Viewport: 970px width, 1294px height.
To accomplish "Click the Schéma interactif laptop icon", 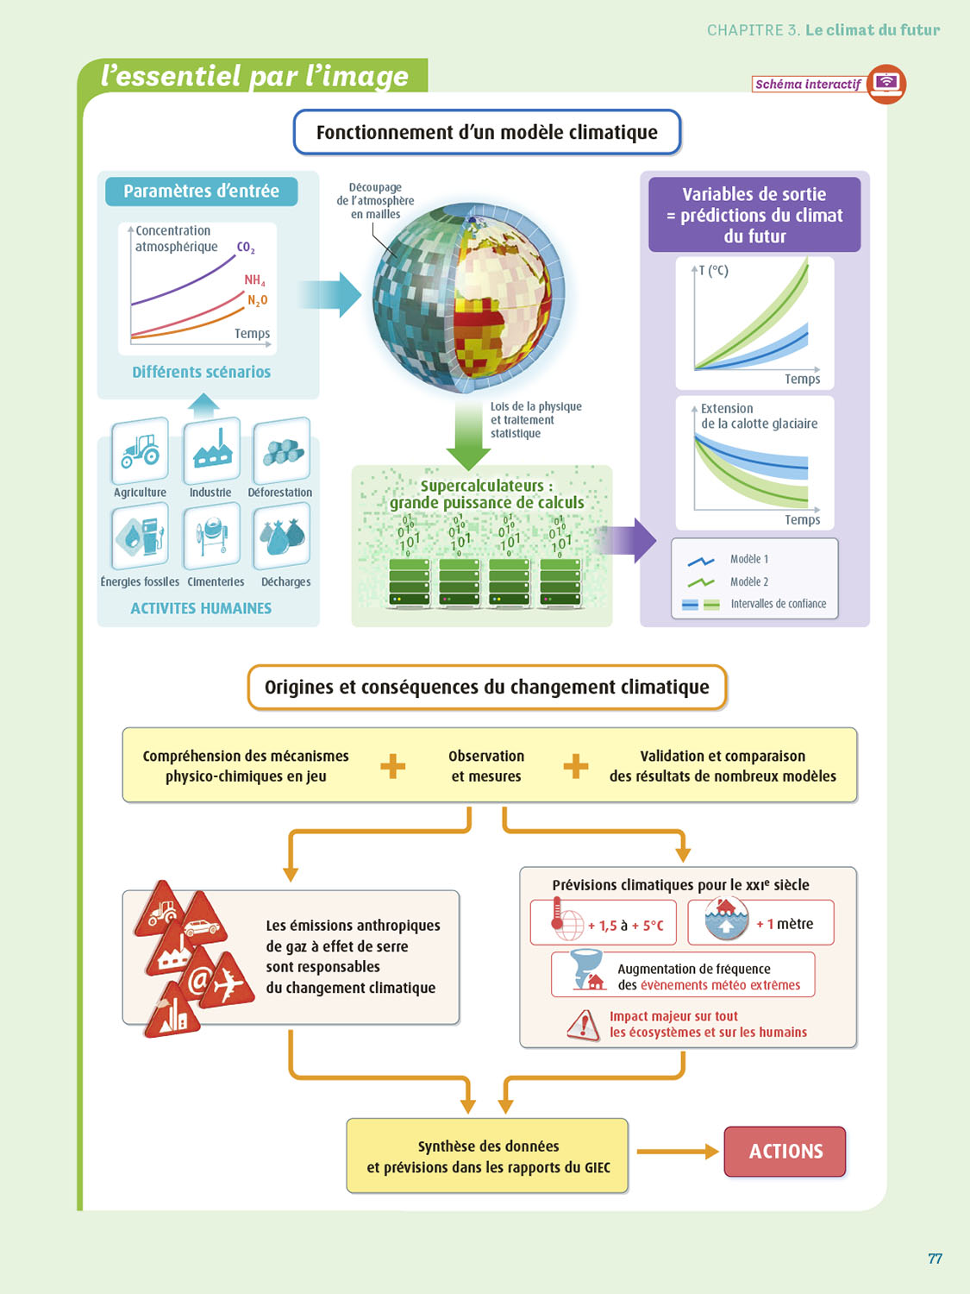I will click(x=886, y=84).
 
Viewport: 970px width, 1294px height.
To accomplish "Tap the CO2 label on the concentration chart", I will click(x=246, y=248).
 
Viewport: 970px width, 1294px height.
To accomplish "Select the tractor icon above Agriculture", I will click(x=141, y=450).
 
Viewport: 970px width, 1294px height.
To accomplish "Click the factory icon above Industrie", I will click(x=212, y=449).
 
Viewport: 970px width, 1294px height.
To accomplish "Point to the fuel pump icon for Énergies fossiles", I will click(x=141, y=537).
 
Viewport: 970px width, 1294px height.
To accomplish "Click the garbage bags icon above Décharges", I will click(x=282, y=537).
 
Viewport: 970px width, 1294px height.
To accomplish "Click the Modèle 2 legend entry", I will click(x=748, y=582).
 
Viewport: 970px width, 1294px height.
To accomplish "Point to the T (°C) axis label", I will click(x=714, y=271).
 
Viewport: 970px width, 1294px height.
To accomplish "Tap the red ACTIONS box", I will click(x=785, y=1152).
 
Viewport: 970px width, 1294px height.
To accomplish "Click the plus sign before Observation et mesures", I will click(x=393, y=766).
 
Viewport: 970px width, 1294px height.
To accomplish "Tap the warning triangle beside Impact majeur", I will click(x=585, y=1025).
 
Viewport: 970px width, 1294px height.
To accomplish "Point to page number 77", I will click(x=935, y=1259).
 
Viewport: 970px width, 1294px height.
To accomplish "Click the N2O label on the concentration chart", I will click(x=257, y=300).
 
